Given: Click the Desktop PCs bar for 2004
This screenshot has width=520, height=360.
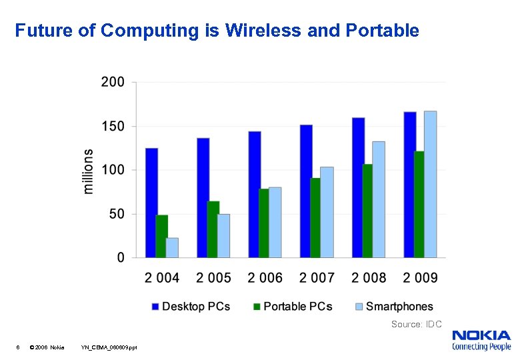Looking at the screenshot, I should [x=151, y=203].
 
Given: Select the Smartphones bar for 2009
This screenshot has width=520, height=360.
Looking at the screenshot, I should [x=430, y=184].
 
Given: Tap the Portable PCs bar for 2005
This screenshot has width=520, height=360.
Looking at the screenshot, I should [x=213, y=229].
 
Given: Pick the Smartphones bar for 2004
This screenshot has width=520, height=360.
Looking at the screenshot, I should [x=172, y=247].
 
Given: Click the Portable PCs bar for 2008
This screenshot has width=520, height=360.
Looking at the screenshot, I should [x=367, y=211].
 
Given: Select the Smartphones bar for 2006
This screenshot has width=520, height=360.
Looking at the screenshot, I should [x=275, y=222].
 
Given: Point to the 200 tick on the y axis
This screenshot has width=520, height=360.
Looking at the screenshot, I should [x=113, y=82].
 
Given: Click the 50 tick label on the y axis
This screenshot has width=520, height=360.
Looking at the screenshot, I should [x=117, y=214].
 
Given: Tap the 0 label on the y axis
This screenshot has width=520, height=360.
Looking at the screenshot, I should [x=121, y=258].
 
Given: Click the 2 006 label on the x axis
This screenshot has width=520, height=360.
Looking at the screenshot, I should [x=265, y=278].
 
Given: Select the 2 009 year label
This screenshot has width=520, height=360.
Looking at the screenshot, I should [x=419, y=278].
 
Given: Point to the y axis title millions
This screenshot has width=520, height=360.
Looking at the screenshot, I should [x=89, y=171].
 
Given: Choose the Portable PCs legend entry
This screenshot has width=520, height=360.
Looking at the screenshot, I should [x=292, y=307].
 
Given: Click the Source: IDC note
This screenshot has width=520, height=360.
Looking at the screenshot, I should [x=416, y=325].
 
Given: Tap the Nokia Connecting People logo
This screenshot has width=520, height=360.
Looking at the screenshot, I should [x=481, y=339].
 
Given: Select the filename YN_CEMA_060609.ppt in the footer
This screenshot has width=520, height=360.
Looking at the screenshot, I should [x=109, y=347].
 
